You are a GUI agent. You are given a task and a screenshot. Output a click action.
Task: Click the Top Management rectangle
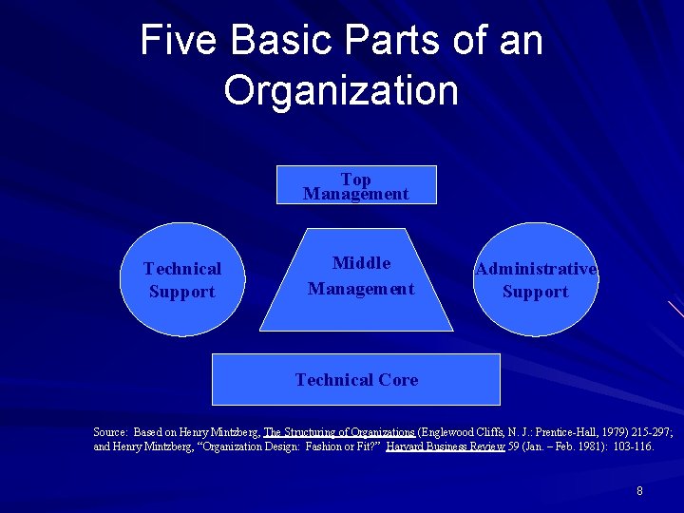[x=356, y=185]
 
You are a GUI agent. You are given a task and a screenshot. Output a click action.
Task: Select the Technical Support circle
[x=182, y=280]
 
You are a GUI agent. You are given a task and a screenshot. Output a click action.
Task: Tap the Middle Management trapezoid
[x=361, y=277]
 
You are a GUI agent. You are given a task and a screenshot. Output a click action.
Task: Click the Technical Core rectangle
[x=356, y=380]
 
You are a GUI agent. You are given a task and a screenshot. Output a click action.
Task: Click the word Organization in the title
[x=341, y=90]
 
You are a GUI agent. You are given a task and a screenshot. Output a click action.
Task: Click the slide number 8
[x=640, y=491]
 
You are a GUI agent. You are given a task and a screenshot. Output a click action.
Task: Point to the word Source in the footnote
[x=110, y=431]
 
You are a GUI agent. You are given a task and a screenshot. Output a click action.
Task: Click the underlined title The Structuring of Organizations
[x=339, y=431]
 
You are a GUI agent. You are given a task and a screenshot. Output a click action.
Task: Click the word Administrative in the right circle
[x=537, y=269]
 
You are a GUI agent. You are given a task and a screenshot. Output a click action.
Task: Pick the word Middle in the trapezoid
[x=361, y=263]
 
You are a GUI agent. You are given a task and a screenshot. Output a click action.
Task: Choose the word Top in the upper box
[x=356, y=179]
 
